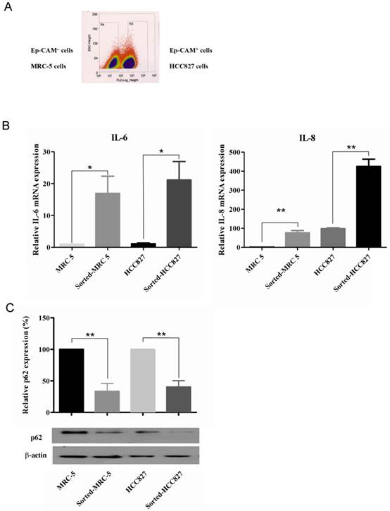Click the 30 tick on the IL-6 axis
point(54,152)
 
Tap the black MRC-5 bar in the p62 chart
point(75,381)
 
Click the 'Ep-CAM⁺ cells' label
point(191,50)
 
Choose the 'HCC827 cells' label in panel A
point(191,65)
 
